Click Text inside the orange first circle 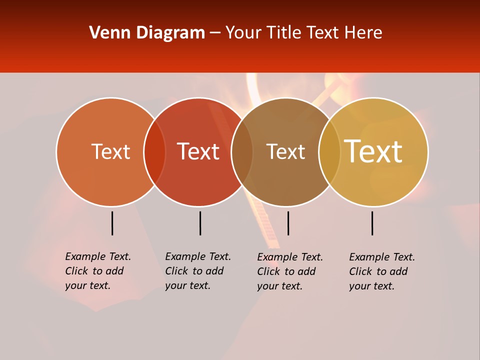tap(110, 151)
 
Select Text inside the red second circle tap(198, 151)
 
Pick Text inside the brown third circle tap(285, 151)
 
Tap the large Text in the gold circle tap(373, 151)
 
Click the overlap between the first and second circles tap(154, 152)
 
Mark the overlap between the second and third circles tap(242, 152)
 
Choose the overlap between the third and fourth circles tap(329, 152)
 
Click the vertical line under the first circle tap(112, 223)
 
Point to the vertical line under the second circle tap(200, 223)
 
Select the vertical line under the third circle tap(288, 223)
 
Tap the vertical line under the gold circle tap(372, 223)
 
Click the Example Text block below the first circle tap(98, 271)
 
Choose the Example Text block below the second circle tap(198, 271)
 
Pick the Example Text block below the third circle tap(290, 271)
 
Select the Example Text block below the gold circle tap(382, 271)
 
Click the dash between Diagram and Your tap(215, 33)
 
